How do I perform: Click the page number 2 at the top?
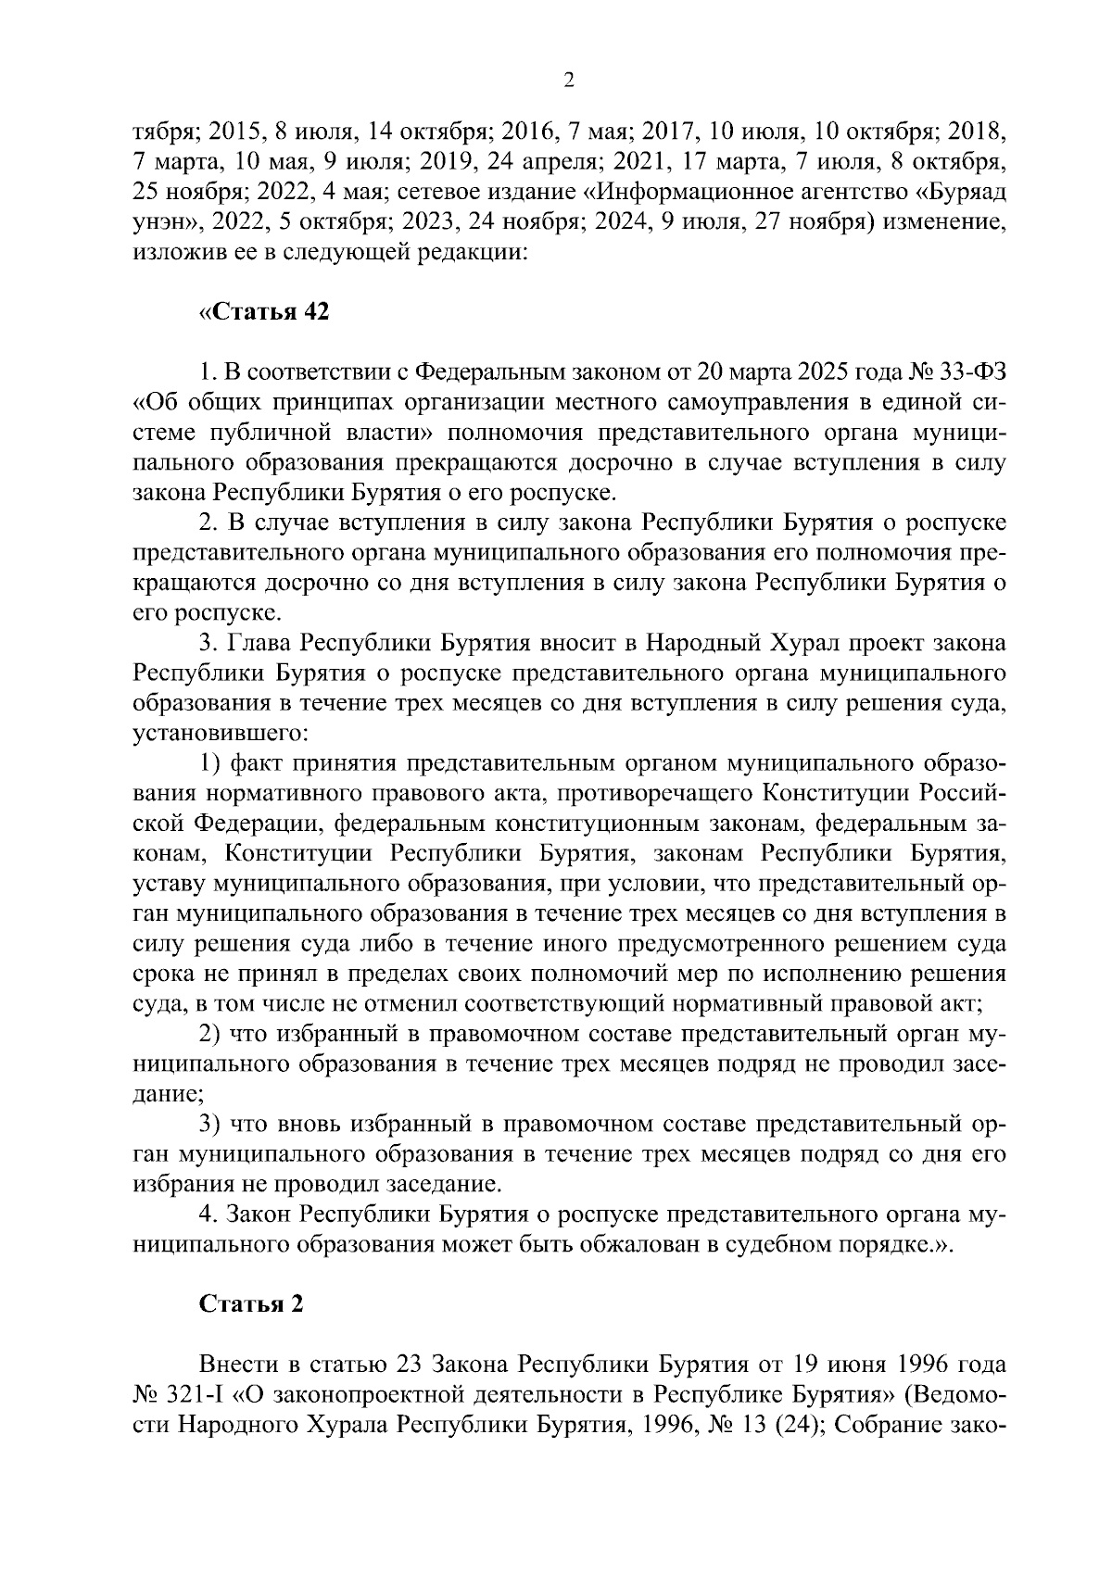coord(569,82)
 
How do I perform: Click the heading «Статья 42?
coord(264,312)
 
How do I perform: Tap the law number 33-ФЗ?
coord(968,372)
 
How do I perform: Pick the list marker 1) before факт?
coord(210,763)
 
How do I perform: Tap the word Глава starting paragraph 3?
coord(261,642)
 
